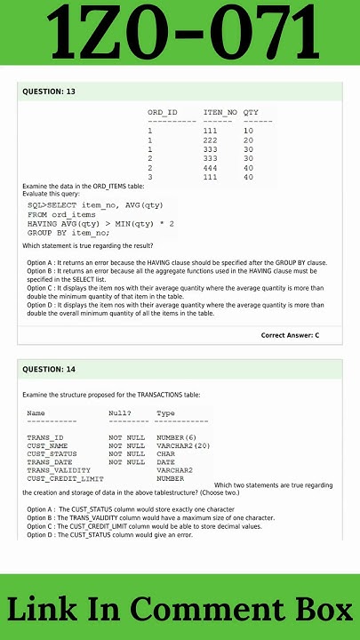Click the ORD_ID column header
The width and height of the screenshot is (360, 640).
click(163, 112)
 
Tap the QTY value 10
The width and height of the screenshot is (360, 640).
click(248, 131)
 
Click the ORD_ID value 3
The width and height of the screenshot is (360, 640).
click(150, 177)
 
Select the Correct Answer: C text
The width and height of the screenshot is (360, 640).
click(290, 335)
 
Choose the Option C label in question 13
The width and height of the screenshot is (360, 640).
click(41, 288)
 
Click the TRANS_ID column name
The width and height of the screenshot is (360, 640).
click(45, 437)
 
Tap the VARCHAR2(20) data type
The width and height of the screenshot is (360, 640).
click(183, 445)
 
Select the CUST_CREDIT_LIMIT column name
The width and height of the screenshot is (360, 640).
click(65, 478)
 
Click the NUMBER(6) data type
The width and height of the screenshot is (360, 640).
click(176, 437)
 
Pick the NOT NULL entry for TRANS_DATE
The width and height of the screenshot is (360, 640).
click(127, 461)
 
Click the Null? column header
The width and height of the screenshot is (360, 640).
click(120, 413)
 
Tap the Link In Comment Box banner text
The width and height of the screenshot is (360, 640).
click(180, 609)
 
